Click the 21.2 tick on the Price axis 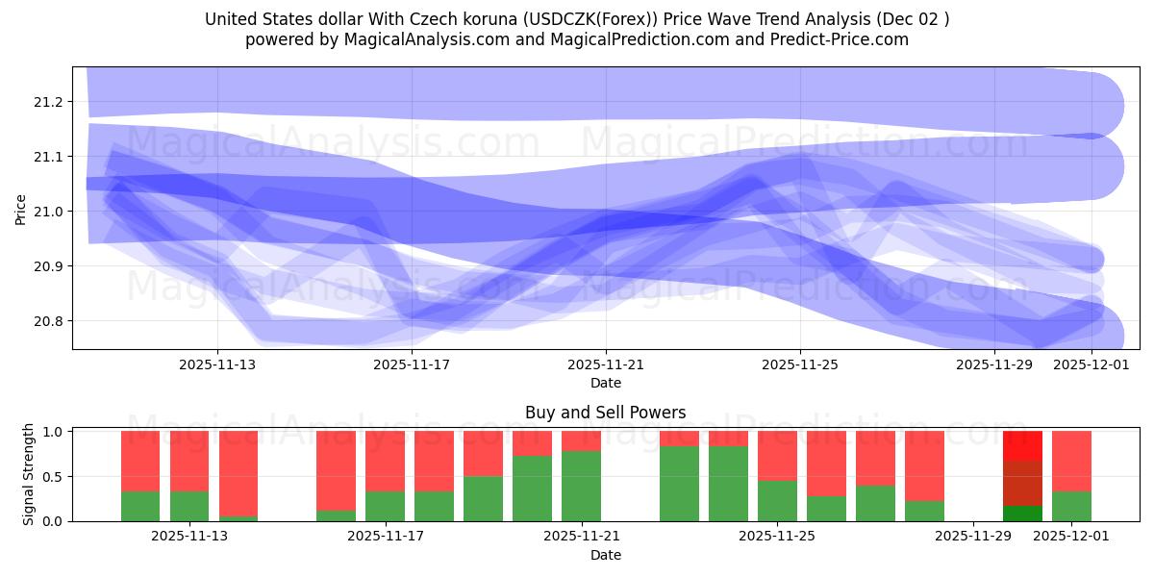(50, 102)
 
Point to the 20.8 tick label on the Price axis (50, 321)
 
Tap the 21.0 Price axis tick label (50, 212)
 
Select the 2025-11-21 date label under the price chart (606, 365)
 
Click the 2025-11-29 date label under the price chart (994, 365)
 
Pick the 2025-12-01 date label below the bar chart (1071, 537)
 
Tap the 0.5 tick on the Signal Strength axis (54, 476)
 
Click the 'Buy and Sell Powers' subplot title (605, 413)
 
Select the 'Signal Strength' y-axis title (29, 474)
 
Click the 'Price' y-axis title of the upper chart (21, 209)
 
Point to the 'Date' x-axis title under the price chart (606, 383)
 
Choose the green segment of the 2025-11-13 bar (189, 506)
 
